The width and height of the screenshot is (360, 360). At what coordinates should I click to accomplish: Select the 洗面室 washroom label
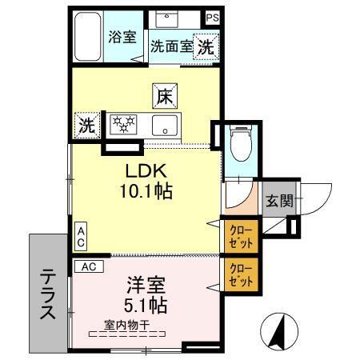tap(171, 47)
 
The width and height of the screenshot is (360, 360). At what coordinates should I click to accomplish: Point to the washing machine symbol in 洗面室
tap(206, 46)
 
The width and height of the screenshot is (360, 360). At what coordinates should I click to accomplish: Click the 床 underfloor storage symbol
tap(164, 96)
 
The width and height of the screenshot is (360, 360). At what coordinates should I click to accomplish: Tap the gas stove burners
tap(124, 124)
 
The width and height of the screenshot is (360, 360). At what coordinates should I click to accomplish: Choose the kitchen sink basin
tap(166, 124)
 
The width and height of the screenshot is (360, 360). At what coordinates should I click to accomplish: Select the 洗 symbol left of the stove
tap(85, 125)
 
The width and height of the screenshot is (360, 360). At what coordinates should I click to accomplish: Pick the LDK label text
tap(144, 171)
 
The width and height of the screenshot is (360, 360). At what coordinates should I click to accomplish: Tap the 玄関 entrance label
tap(279, 201)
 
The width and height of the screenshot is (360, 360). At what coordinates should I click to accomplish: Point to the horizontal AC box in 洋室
tap(89, 266)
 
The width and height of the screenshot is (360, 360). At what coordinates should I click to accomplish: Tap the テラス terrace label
tap(47, 293)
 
